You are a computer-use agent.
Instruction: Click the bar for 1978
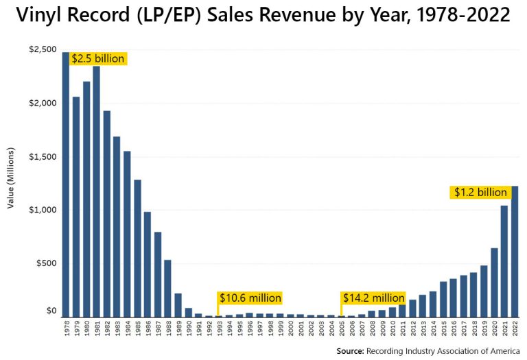(66, 185)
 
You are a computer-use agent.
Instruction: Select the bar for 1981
(96, 192)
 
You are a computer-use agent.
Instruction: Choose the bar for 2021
(504, 261)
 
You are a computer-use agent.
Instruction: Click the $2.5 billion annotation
(98, 59)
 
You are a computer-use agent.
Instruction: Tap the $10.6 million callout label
(250, 298)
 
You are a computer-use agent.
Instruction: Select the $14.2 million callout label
(374, 298)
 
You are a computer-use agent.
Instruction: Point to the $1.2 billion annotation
(480, 193)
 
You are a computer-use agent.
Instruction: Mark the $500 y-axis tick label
(45, 263)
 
